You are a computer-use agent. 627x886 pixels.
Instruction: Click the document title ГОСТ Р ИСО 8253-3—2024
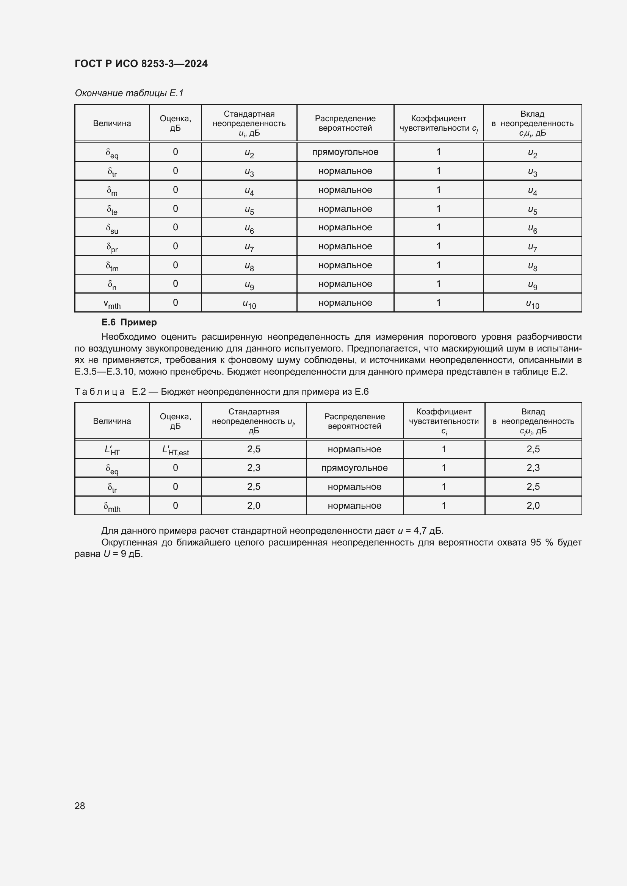click(x=141, y=64)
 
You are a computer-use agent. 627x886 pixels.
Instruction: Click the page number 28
click(x=80, y=805)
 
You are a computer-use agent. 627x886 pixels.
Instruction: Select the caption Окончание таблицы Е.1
click(x=129, y=93)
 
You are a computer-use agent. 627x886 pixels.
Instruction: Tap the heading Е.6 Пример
click(x=129, y=322)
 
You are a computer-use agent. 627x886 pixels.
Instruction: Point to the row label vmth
click(x=112, y=304)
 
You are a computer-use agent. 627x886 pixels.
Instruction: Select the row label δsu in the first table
click(x=112, y=228)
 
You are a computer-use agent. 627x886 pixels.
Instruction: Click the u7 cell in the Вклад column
click(x=532, y=247)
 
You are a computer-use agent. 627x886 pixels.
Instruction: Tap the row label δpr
click(x=112, y=247)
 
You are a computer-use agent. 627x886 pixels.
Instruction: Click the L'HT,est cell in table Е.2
click(x=175, y=450)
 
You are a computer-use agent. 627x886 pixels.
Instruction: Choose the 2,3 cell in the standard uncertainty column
click(x=254, y=468)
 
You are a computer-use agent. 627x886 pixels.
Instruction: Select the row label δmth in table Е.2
click(x=112, y=506)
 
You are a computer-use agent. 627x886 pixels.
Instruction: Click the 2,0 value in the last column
click(x=533, y=506)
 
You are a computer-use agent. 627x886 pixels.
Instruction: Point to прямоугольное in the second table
click(x=354, y=468)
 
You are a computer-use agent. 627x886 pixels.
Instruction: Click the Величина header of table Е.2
click(x=112, y=421)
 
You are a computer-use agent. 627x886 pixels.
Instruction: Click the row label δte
click(x=112, y=209)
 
